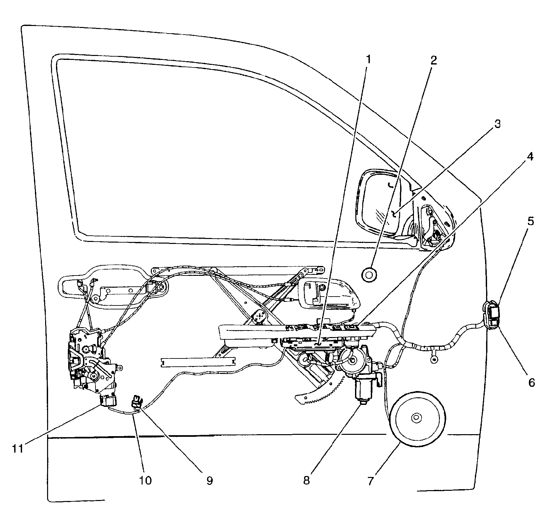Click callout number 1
[369, 60]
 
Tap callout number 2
[433, 61]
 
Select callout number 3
[497, 124]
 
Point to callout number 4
[530, 157]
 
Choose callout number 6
[532, 382]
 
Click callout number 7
[370, 481]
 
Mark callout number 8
[307, 481]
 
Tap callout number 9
[210, 481]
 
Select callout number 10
[145, 480]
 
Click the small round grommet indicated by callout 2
[369, 274]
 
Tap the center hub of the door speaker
[417, 417]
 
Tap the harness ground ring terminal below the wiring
[434, 360]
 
